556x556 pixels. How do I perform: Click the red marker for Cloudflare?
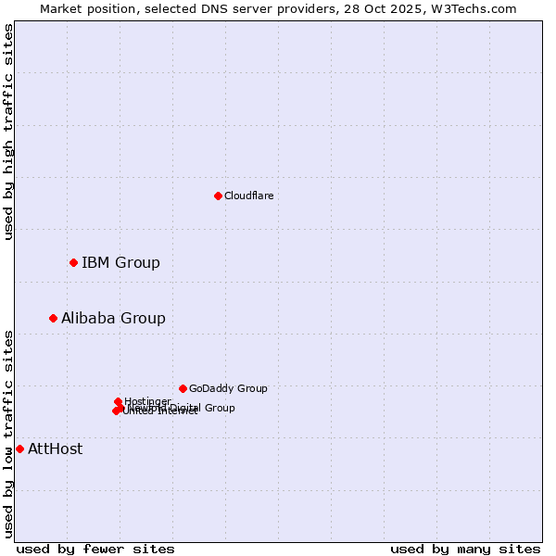point(218,196)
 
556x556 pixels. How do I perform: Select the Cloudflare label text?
point(248,196)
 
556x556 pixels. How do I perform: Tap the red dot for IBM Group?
point(73,262)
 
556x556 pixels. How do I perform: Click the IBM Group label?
point(120,262)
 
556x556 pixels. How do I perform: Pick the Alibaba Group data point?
point(53,318)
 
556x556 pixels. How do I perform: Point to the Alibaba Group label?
point(113,318)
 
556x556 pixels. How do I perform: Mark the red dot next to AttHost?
point(19,449)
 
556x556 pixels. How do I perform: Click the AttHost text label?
point(55,449)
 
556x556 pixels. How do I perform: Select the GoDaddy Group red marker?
point(183,388)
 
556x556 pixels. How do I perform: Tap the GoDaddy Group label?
point(228,388)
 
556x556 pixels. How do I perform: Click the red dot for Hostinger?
point(118,401)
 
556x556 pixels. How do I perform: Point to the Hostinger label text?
point(147,401)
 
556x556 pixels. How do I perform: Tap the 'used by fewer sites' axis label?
point(95,549)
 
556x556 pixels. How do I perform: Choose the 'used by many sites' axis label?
point(465,549)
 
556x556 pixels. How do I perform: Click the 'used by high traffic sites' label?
point(8,133)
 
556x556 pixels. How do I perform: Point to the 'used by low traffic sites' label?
point(8,434)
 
